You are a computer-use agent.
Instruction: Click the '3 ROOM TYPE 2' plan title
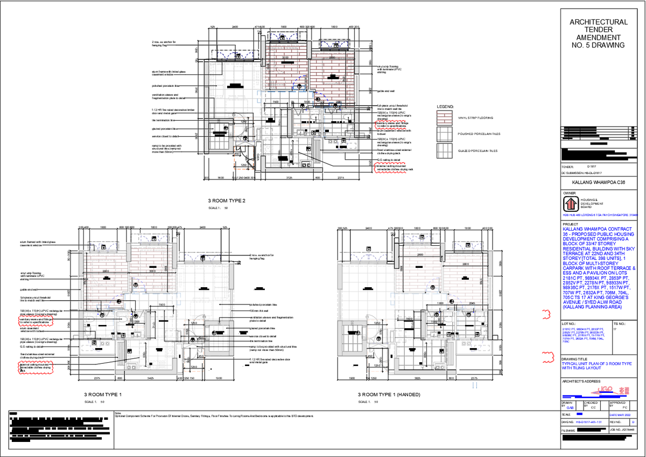pos(226,201)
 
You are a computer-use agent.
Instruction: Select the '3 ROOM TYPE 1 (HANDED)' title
pos(389,395)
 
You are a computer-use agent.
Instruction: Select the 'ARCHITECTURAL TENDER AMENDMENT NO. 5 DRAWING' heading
pos(598,34)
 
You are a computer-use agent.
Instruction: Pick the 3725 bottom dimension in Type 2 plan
pos(289,178)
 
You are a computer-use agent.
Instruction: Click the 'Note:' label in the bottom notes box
pos(118,413)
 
